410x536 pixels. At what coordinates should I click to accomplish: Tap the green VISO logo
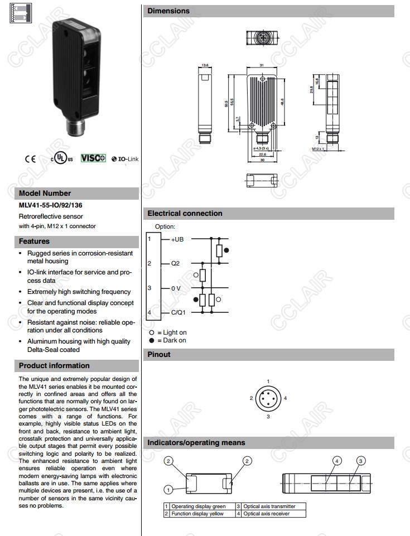coord(93,158)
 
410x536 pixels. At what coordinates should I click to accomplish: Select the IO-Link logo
coord(125,159)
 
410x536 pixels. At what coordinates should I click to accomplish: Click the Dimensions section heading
coord(168,11)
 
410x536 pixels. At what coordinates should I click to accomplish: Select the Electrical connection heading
coord(185,214)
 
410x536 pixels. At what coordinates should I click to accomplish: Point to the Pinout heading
coord(159,355)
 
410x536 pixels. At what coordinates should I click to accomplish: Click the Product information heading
coord(54,366)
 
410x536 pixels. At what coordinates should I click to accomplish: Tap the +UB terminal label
coord(177,239)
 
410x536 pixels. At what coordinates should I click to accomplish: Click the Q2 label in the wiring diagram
coord(175,263)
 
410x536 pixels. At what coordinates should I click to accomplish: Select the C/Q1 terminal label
coord(178,312)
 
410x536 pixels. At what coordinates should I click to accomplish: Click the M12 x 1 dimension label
coord(318,149)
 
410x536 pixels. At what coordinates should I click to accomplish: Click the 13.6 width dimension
coord(205,65)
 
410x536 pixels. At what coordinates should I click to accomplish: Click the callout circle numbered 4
coord(337,461)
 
